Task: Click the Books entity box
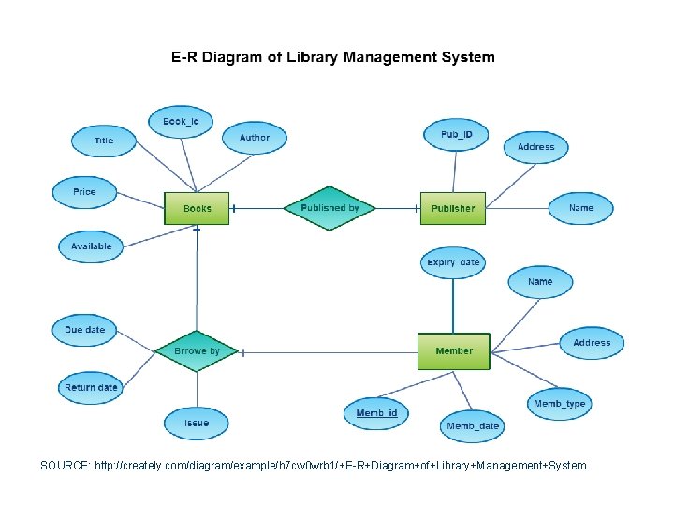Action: [x=197, y=208]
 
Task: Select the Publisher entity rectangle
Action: [x=453, y=208]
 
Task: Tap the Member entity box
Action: [x=453, y=350]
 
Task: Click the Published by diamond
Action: [x=330, y=208]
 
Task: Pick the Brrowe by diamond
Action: [x=197, y=351]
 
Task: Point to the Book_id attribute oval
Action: [x=181, y=121]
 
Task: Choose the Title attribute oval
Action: [x=104, y=141]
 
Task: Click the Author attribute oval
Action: [x=254, y=138]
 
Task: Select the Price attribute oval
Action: [x=84, y=192]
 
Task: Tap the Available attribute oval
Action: [x=91, y=246]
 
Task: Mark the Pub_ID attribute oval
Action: [x=457, y=135]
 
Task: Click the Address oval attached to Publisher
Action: [x=535, y=147]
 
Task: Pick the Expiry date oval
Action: [x=453, y=263]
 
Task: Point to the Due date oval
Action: [x=84, y=330]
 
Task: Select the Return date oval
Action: [x=91, y=388]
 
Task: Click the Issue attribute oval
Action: [x=197, y=423]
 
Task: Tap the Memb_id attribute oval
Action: [x=376, y=413]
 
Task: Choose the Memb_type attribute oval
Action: [x=559, y=404]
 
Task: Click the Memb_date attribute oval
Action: [x=473, y=426]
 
